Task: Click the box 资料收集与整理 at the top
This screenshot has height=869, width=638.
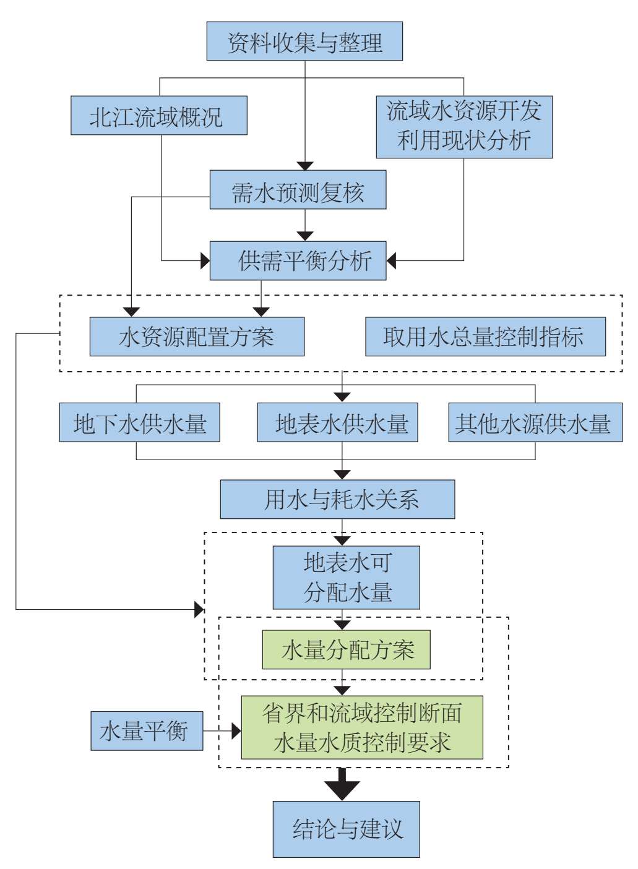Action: pos(304,41)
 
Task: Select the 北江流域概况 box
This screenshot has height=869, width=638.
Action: pos(159,116)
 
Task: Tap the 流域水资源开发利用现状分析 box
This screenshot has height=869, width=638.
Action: pos(464,127)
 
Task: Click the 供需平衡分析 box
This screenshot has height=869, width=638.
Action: pos(298,261)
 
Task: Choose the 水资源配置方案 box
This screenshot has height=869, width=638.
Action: pos(197,336)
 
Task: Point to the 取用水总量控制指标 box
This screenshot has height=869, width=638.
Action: pos(485,336)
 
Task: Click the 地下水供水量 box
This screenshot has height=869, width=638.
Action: pos(139,422)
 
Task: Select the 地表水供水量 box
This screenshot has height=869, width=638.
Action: pos(337,422)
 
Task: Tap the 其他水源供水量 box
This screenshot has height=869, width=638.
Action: pos(535,422)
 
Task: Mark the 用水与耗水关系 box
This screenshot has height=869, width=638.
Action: pos(337,499)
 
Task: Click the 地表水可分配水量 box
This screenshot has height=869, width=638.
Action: pos(347,578)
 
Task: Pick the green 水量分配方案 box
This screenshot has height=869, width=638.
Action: pos(347,649)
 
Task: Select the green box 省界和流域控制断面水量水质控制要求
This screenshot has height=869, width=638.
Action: pos(362,727)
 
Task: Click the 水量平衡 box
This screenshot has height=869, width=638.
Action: pos(147,731)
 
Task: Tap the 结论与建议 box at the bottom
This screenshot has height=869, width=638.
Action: pos(347,829)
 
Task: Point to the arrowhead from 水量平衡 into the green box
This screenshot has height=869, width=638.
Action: pos(236,731)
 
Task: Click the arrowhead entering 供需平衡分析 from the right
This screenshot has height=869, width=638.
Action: pos(391,261)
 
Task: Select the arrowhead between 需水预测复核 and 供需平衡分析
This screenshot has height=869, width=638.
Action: pos(305,236)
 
